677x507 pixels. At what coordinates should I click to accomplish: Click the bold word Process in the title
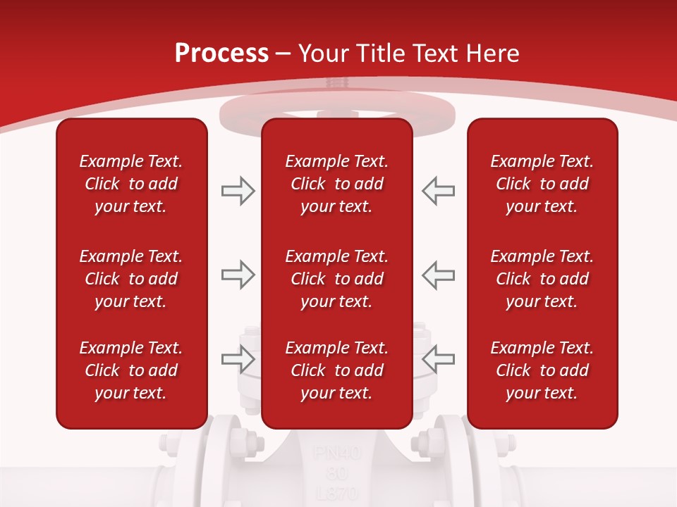pos(221,54)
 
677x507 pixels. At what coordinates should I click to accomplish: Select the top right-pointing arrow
pos(238,191)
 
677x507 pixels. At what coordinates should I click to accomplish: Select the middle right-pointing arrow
pos(238,275)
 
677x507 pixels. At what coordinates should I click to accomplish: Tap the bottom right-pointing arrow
pos(238,359)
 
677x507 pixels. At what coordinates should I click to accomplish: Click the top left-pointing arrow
pos(438,191)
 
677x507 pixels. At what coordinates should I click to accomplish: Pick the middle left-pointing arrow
pos(438,275)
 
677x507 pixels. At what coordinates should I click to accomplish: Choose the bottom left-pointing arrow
pos(438,359)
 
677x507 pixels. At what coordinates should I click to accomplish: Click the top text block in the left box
pos(131,184)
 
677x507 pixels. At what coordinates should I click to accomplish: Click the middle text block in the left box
pos(131,279)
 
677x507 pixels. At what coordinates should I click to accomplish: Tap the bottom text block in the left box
pos(131,370)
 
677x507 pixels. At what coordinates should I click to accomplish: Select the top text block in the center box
pos(336,184)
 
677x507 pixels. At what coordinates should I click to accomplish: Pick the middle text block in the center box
pos(336,279)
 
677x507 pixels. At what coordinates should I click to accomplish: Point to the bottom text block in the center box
pos(336,370)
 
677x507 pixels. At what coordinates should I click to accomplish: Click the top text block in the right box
pos(542,184)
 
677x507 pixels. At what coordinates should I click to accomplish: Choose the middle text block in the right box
pos(542,279)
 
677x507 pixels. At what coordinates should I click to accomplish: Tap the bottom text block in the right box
pos(542,370)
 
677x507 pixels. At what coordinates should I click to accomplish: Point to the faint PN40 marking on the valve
pos(337,452)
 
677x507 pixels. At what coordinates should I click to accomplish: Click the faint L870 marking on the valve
pos(337,493)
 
